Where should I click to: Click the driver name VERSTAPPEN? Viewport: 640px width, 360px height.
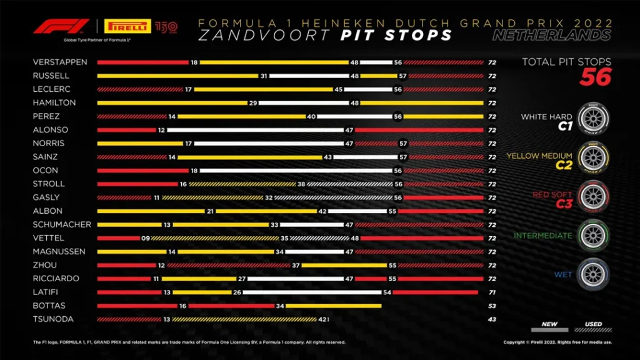coord(60,62)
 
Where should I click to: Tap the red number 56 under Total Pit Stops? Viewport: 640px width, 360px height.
coord(595,77)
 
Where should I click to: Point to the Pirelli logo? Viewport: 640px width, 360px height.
coord(129,27)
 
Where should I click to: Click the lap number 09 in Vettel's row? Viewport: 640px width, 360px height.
coord(145,238)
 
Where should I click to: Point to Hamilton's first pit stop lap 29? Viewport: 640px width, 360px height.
coord(253,102)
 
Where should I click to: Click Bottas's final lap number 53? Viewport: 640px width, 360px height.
coord(492,306)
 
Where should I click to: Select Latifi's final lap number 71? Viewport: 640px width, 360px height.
coord(492,292)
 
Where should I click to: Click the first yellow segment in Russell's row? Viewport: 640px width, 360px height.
coord(178,76)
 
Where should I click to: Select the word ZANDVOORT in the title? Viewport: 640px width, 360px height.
coord(262,35)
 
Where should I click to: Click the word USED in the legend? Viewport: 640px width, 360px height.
coord(594,324)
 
